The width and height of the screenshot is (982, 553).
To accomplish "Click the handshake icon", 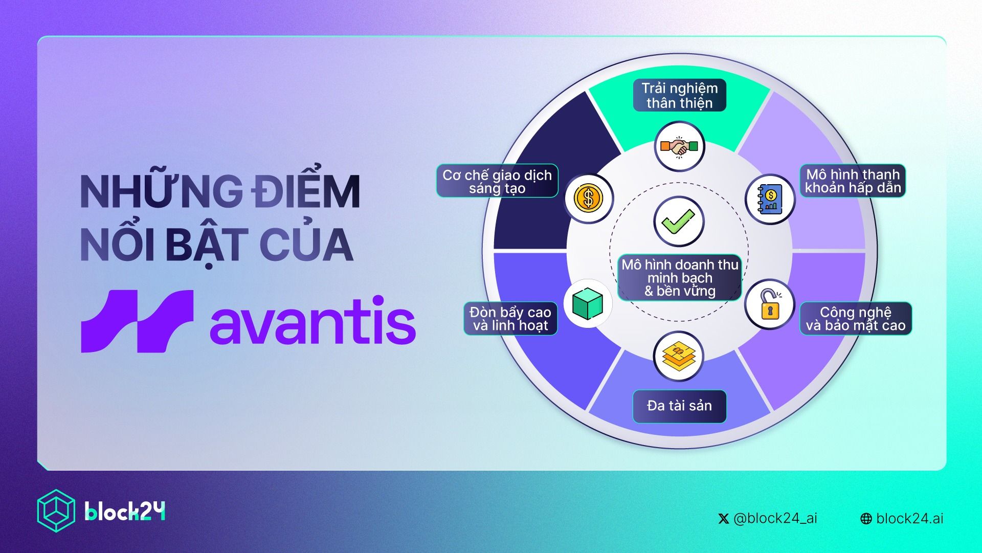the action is [679, 147].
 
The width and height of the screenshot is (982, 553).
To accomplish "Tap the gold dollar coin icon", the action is [589, 198].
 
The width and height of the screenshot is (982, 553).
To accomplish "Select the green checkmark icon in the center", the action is [678, 222].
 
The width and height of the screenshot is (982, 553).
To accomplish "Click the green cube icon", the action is [588, 303].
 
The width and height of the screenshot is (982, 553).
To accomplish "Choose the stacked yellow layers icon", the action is [679, 356].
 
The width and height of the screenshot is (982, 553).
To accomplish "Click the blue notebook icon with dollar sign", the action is [769, 198].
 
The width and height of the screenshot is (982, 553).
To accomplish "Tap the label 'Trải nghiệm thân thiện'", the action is [679, 95].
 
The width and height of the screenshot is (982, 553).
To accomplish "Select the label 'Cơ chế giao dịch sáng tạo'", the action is [497, 181].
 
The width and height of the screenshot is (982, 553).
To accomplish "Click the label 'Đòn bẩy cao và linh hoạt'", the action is [510, 319].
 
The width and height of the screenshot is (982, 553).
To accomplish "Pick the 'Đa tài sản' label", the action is [679, 406].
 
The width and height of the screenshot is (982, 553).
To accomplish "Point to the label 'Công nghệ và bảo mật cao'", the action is [856, 319].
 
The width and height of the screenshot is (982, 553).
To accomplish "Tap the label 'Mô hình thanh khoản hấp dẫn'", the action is [853, 181].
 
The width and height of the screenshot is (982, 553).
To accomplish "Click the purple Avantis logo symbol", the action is [137, 321].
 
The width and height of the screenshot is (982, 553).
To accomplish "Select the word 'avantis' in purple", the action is [313, 319].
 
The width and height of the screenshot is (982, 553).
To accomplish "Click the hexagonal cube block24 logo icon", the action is [56, 511].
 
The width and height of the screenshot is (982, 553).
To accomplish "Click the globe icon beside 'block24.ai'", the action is [866, 519].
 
